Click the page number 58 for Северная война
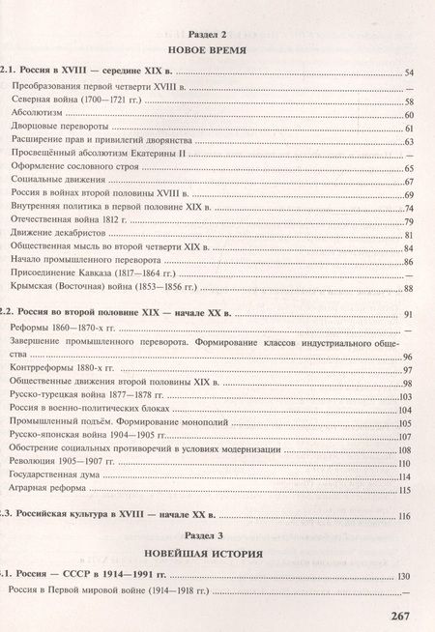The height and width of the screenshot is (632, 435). [409, 101]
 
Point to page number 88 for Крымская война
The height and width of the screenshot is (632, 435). [409, 288]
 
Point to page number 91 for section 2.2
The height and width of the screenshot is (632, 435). [407, 315]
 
